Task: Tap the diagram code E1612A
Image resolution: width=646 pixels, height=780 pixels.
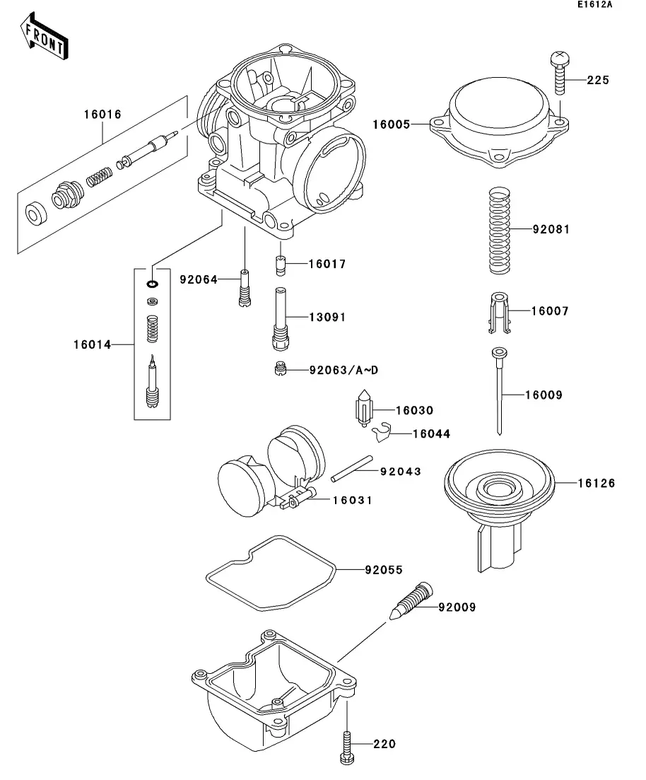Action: (x=593, y=6)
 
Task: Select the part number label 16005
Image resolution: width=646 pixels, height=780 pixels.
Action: (x=391, y=124)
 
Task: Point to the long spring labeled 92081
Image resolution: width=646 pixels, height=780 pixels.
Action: (x=500, y=230)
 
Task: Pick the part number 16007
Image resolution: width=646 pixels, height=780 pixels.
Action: (x=549, y=311)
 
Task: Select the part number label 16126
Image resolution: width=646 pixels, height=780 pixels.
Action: (x=596, y=484)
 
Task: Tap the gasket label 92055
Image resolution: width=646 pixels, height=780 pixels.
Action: (x=384, y=569)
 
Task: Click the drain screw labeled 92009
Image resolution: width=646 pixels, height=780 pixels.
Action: (x=413, y=600)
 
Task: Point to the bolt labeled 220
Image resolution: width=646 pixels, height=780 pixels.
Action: (x=346, y=743)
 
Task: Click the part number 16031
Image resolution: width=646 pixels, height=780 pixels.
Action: (x=353, y=500)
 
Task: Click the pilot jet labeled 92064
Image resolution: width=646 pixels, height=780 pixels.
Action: (x=245, y=289)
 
